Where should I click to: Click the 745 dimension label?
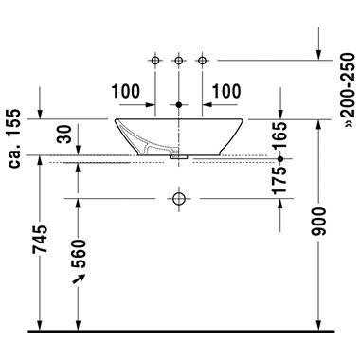[40, 239]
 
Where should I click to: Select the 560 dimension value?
[78, 253]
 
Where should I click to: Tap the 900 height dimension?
[318, 222]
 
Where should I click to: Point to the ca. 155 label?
[14, 138]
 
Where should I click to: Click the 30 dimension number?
[65, 134]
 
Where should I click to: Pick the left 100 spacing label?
[125, 91]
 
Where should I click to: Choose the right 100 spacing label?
[226, 91]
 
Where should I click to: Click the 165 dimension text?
[279, 135]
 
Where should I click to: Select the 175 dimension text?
[279, 180]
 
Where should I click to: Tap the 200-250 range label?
[350, 90]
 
